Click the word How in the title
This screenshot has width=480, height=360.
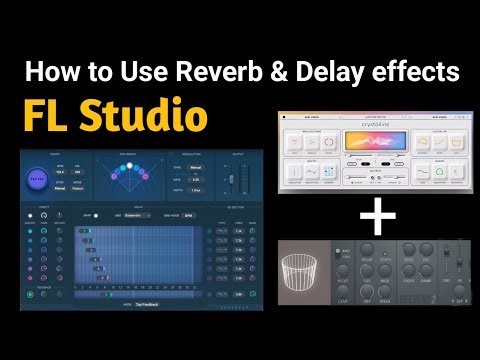point(47,72)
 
